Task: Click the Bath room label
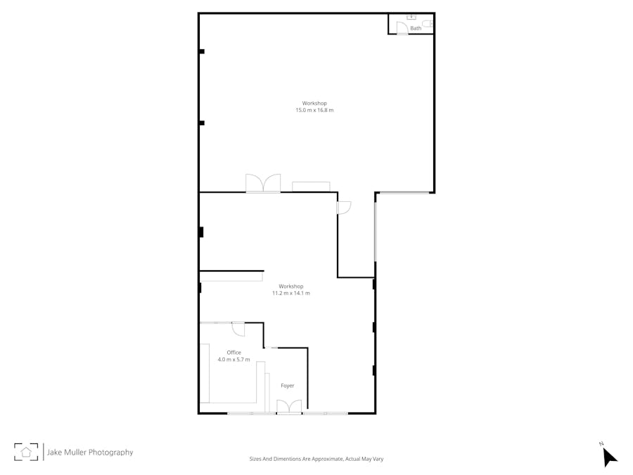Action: [416, 28]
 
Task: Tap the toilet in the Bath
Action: [428, 23]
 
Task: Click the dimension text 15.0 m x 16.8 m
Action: [314, 110]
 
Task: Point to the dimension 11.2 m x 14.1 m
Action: [290, 293]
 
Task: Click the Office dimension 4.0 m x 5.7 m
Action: [234, 360]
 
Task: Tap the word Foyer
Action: [287, 386]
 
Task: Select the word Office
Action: [234, 353]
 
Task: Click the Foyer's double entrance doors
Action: [289, 407]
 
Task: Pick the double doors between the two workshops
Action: [263, 183]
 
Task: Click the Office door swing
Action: [238, 329]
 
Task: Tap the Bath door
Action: [402, 27]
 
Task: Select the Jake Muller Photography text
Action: [89, 452]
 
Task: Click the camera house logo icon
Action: [26, 452]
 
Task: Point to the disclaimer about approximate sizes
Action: [316, 459]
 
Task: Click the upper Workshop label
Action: [314, 103]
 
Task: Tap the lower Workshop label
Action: [290, 286]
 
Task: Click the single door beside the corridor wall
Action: [344, 208]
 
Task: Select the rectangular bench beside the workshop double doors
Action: [311, 186]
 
